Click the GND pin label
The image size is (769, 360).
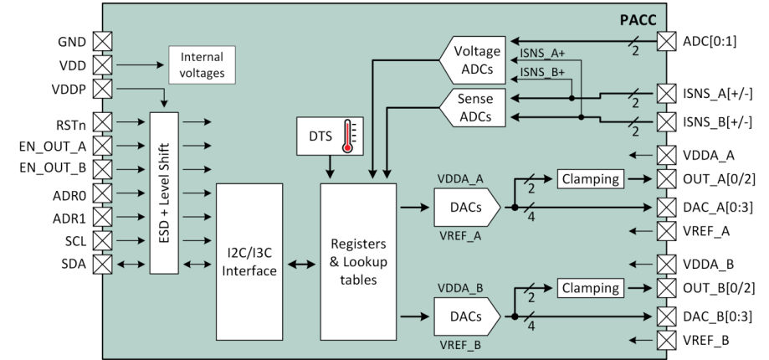[73, 41]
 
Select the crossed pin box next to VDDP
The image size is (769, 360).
[102, 88]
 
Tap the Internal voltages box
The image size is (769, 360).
[202, 64]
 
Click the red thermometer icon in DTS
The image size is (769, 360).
[345, 136]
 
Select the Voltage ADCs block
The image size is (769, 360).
[475, 60]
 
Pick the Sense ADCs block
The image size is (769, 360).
[475, 108]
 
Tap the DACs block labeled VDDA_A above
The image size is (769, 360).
[464, 204]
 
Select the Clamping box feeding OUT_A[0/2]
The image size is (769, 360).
[590, 178]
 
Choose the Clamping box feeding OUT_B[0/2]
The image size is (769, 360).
[590, 288]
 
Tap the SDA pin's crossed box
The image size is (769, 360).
[102, 265]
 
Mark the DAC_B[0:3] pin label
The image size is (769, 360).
[719, 317]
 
